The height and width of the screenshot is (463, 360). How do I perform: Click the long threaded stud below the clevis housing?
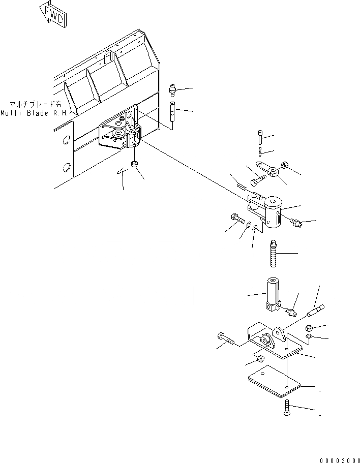coord(273,254)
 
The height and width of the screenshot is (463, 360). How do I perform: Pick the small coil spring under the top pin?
coord(261,151)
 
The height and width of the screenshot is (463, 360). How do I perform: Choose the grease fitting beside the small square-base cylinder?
coord(291,310)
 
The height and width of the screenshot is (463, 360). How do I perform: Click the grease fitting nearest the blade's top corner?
coord(173,90)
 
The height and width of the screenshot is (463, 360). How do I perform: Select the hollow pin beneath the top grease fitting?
coord(173,111)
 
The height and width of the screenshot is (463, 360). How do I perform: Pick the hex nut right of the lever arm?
coord(285,166)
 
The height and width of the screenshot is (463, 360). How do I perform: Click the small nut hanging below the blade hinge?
coord(134,165)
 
